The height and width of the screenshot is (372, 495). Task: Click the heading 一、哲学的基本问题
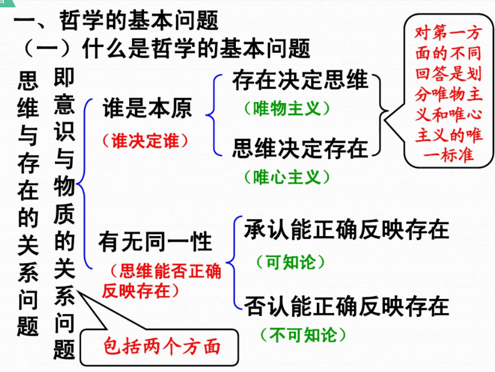(x=116, y=22)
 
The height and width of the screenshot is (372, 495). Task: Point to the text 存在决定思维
(x=300, y=82)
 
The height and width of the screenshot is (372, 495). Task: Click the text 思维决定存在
(x=300, y=148)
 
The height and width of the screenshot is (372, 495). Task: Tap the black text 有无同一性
(x=155, y=242)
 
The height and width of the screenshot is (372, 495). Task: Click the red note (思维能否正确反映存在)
(x=162, y=281)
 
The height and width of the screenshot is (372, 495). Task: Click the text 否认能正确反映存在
(x=346, y=306)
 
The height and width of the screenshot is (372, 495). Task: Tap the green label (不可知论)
(x=303, y=335)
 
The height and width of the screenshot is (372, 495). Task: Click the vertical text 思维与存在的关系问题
(x=28, y=204)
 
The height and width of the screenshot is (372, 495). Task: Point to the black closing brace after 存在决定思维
(x=383, y=113)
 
